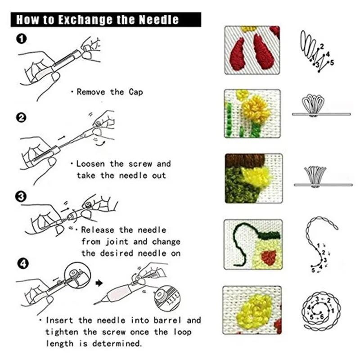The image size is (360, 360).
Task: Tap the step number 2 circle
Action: pyautogui.click(x=21, y=118)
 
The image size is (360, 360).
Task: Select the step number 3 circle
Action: pyautogui.click(x=21, y=196)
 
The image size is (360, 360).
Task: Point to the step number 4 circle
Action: pyautogui.click(x=21, y=262)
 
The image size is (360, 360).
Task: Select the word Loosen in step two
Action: pyautogui.click(x=92, y=164)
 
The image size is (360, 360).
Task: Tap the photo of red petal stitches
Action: pyautogui.click(x=252, y=50)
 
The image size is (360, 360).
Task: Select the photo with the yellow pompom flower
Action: pyautogui.click(x=252, y=113)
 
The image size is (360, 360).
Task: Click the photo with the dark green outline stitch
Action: pyautogui.click(x=252, y=244)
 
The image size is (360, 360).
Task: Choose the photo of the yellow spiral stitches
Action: pyautogui.click(x=252, y=310)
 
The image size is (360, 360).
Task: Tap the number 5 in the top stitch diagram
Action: pyautogui.click(x=332, y=63)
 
